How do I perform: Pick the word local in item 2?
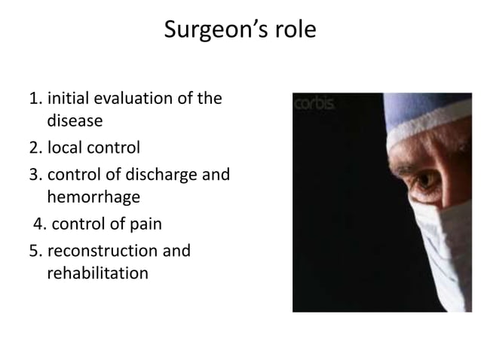[x=64, y=145]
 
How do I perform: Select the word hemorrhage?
[x=93, y=198]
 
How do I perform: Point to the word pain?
[x=147, y=224]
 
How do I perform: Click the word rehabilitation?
[x=98, y=271]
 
